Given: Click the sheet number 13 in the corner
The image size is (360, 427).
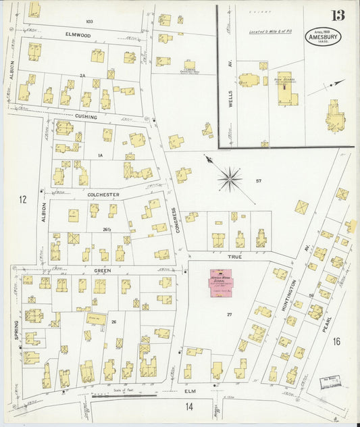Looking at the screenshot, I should [336, 16].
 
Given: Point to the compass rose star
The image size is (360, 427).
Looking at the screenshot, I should [230, 179].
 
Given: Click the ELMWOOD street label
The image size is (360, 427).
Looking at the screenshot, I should [78, 33].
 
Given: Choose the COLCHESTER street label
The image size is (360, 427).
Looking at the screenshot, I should [103, 195].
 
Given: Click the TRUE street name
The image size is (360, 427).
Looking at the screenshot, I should [234, 257].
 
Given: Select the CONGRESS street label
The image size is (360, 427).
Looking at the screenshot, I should [177, 220].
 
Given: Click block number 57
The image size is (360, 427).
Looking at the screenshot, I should [259, 181].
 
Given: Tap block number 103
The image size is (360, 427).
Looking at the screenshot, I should [89, 22].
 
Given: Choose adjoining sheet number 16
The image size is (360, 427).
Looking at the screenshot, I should [336, 341].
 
